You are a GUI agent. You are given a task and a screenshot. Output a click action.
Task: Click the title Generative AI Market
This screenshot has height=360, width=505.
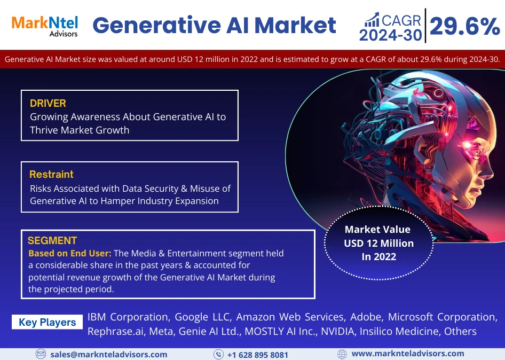tap(214, 25)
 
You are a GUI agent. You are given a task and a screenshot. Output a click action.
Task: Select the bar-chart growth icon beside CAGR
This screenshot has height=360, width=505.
tap(372, 20)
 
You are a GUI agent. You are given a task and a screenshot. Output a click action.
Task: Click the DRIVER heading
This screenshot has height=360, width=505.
tap(48, 103)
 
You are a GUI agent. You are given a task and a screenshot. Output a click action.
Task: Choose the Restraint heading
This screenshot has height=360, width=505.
tap(51, 174)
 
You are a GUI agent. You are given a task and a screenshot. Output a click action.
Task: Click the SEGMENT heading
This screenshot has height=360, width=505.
tap(52, 240)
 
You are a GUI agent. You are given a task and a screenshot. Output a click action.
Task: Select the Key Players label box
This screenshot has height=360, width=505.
tap(48, 322)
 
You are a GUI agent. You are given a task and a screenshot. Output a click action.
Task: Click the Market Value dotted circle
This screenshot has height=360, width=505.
tap(378, 244)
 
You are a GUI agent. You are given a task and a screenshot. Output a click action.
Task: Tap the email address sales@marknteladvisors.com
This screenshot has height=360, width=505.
tap(109, 354)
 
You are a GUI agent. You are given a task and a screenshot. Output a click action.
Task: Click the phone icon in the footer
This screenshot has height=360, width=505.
tap(218, 354)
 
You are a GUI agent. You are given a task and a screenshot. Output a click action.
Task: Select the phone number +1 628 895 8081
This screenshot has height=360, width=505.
tap(257, 355)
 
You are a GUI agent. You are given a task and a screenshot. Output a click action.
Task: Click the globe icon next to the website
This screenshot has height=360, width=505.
tap(342, 354)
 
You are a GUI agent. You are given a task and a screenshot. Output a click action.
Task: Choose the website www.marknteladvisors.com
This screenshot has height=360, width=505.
tap(408, 354)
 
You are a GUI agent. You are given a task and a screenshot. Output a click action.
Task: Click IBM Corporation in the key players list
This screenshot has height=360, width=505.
tap(128, 317)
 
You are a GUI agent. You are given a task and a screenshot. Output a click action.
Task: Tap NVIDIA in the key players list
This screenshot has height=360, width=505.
tap(338, 331)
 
